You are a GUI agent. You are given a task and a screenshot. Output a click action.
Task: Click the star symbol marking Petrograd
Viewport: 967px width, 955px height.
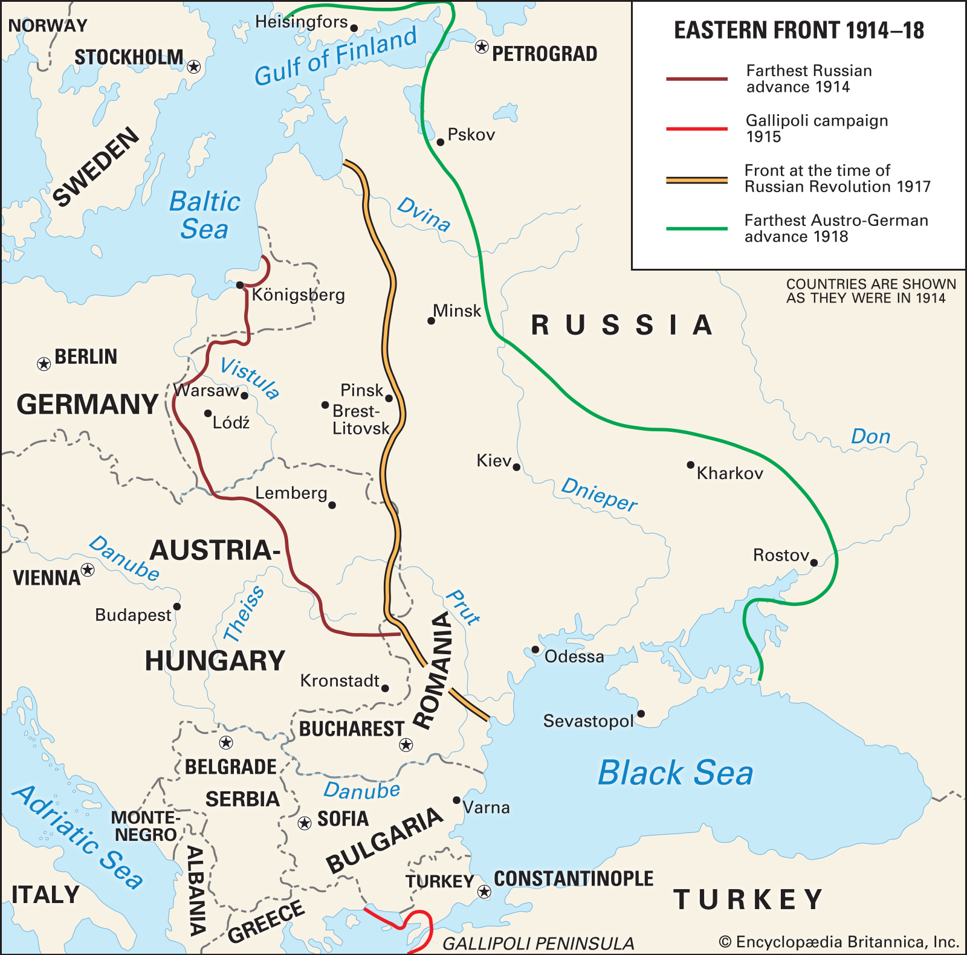pos(482,47)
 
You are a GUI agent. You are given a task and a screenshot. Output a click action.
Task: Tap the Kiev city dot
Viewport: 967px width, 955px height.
pos(517,467)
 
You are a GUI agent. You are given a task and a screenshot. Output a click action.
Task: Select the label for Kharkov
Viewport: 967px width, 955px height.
pos(729,473)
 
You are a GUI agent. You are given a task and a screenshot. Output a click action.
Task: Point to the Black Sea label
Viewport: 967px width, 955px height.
pos(675,773)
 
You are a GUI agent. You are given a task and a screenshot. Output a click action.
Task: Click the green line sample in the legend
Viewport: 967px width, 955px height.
pos(696,229)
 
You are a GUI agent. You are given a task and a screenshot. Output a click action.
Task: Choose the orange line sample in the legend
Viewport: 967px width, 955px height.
pos(696,179)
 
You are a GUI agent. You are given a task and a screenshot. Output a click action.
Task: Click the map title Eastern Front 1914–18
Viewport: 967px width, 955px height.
pos(798,30)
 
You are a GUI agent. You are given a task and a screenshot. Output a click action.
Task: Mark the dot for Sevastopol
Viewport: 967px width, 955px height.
pos(641,714)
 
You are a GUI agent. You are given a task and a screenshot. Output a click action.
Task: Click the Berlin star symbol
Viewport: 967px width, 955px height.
pos(44,364)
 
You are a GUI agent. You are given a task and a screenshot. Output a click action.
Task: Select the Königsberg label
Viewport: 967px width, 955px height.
pos(298,295)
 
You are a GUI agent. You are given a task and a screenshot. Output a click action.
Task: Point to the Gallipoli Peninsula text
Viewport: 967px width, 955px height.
pos(538,943)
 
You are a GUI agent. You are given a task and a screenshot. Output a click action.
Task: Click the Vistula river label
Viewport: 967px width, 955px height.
pos(250,378)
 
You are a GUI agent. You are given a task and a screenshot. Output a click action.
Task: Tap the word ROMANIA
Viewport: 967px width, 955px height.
pos(435,670)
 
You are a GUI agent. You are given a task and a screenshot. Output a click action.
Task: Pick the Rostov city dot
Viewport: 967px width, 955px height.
pos(813,562)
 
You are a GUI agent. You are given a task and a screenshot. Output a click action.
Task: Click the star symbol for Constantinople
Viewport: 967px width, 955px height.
pos(484,892)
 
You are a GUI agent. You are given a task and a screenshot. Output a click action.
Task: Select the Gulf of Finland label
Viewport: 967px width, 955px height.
pos(335,56)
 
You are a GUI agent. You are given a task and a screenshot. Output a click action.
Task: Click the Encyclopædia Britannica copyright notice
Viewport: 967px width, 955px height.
pos(839,942)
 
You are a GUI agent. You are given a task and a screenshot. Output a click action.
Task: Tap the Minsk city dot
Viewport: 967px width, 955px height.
pos(431,321)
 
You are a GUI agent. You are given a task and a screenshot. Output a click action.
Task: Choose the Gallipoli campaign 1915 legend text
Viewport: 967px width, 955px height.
pos(816,128)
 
